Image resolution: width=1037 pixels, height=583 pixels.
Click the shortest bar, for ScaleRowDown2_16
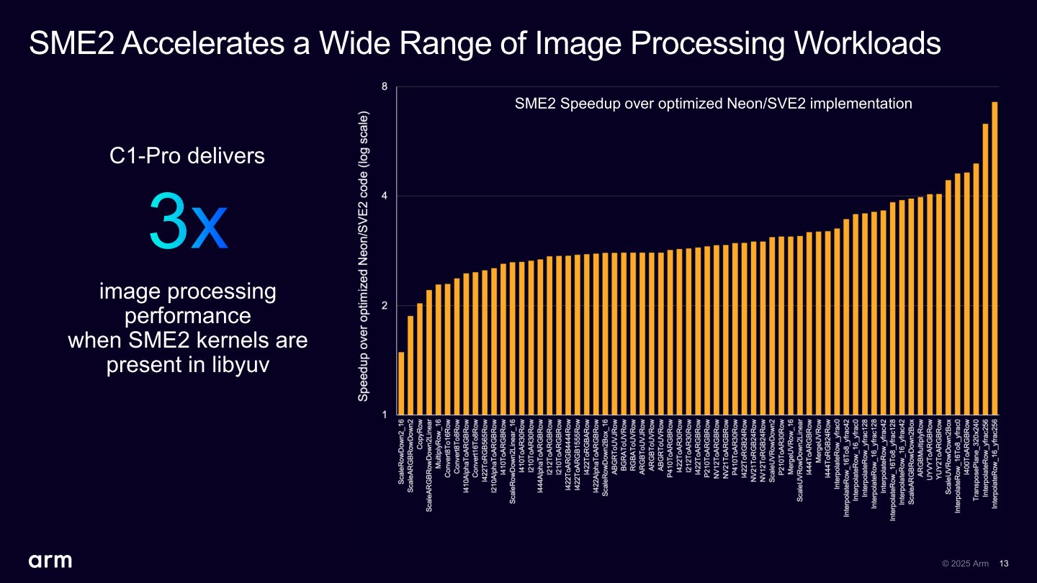point(401,383)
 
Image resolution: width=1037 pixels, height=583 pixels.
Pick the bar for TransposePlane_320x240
point(976,289)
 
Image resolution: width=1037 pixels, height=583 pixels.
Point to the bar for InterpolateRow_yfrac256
point(985,269)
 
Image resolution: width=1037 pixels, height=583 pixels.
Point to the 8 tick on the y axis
point(385,87)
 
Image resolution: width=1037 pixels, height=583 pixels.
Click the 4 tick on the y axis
point(385,196)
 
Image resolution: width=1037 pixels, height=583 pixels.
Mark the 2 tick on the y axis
point(385,306)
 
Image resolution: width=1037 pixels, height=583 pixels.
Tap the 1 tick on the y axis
point(385,415)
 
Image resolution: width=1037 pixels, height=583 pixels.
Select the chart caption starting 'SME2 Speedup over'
point(713,104)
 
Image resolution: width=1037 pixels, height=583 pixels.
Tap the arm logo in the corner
point(50,561)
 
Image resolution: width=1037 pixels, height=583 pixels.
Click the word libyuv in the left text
point(241,365)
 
